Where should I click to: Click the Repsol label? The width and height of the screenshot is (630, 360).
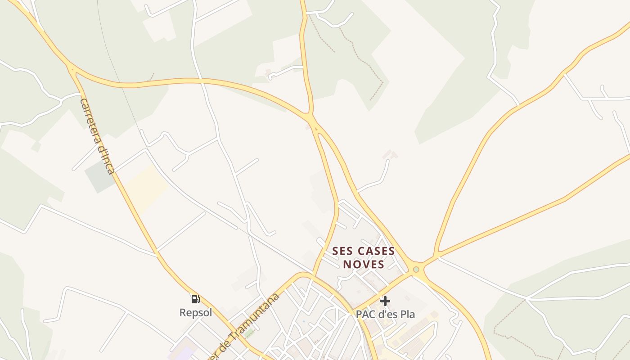pyautogui.click(x=196, y=312)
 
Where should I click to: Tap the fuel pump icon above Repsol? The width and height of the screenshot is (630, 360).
pyautogui.click(x=196, y=299)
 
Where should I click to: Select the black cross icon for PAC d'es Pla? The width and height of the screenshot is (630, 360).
pyautogui.click(x=385, y=301)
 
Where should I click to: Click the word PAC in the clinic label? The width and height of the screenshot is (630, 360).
pyautogui.click(x=365, y=314)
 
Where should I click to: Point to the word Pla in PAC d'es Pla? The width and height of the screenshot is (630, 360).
pyautogui.click(x=405, y=314)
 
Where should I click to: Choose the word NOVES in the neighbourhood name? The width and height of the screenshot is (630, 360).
pyautogui.click(x=364, y=264)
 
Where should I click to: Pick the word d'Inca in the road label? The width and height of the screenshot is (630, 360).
pyautogui.click(x=107, y=160)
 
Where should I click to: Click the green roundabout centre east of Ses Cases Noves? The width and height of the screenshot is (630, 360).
pyautogui.click(x=416, y=270)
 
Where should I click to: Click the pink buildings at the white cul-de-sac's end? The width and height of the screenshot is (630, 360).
pyautogui.click(x=390, y=155)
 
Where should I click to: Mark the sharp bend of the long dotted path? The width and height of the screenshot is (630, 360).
pyautogui.click(x=382, y=83)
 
